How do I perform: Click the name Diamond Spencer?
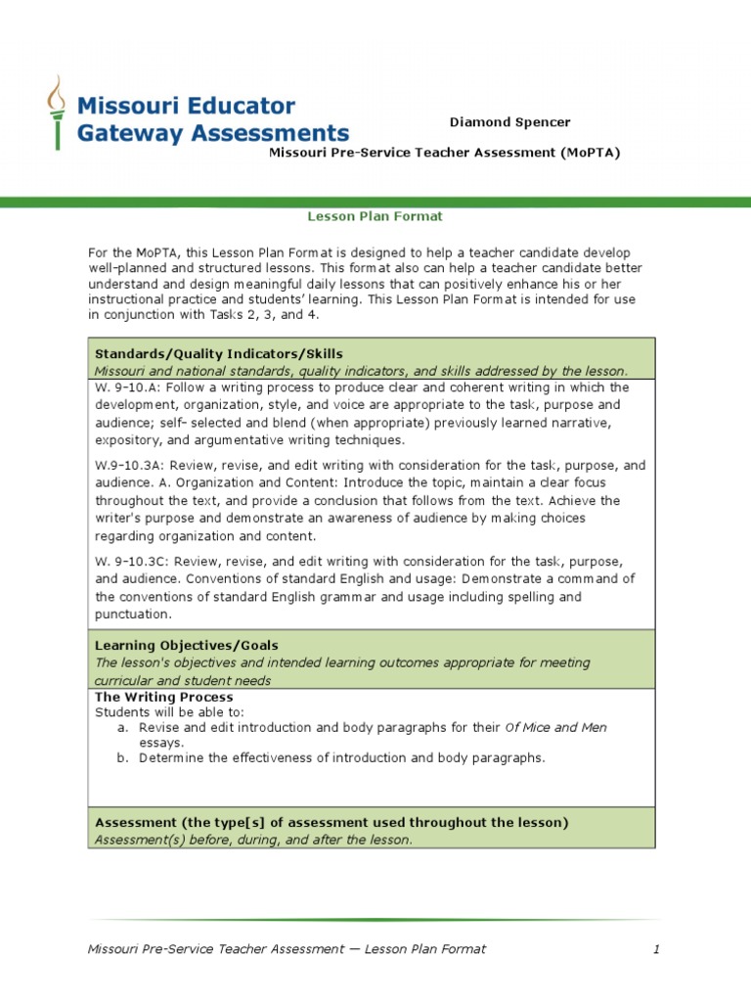(509, 122)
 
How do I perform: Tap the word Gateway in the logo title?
(126, 133)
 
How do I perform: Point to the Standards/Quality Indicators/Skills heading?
(219, 353)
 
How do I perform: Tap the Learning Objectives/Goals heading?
(186, 646)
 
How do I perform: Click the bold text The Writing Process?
(163, 697)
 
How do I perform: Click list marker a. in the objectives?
(122, 728)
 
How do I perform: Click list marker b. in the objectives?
(122, 757)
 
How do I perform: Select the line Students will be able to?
(169, 712)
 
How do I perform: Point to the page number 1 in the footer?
(657, 949)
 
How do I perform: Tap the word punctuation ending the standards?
(133, 615)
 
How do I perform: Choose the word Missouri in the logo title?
(124, 105)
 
